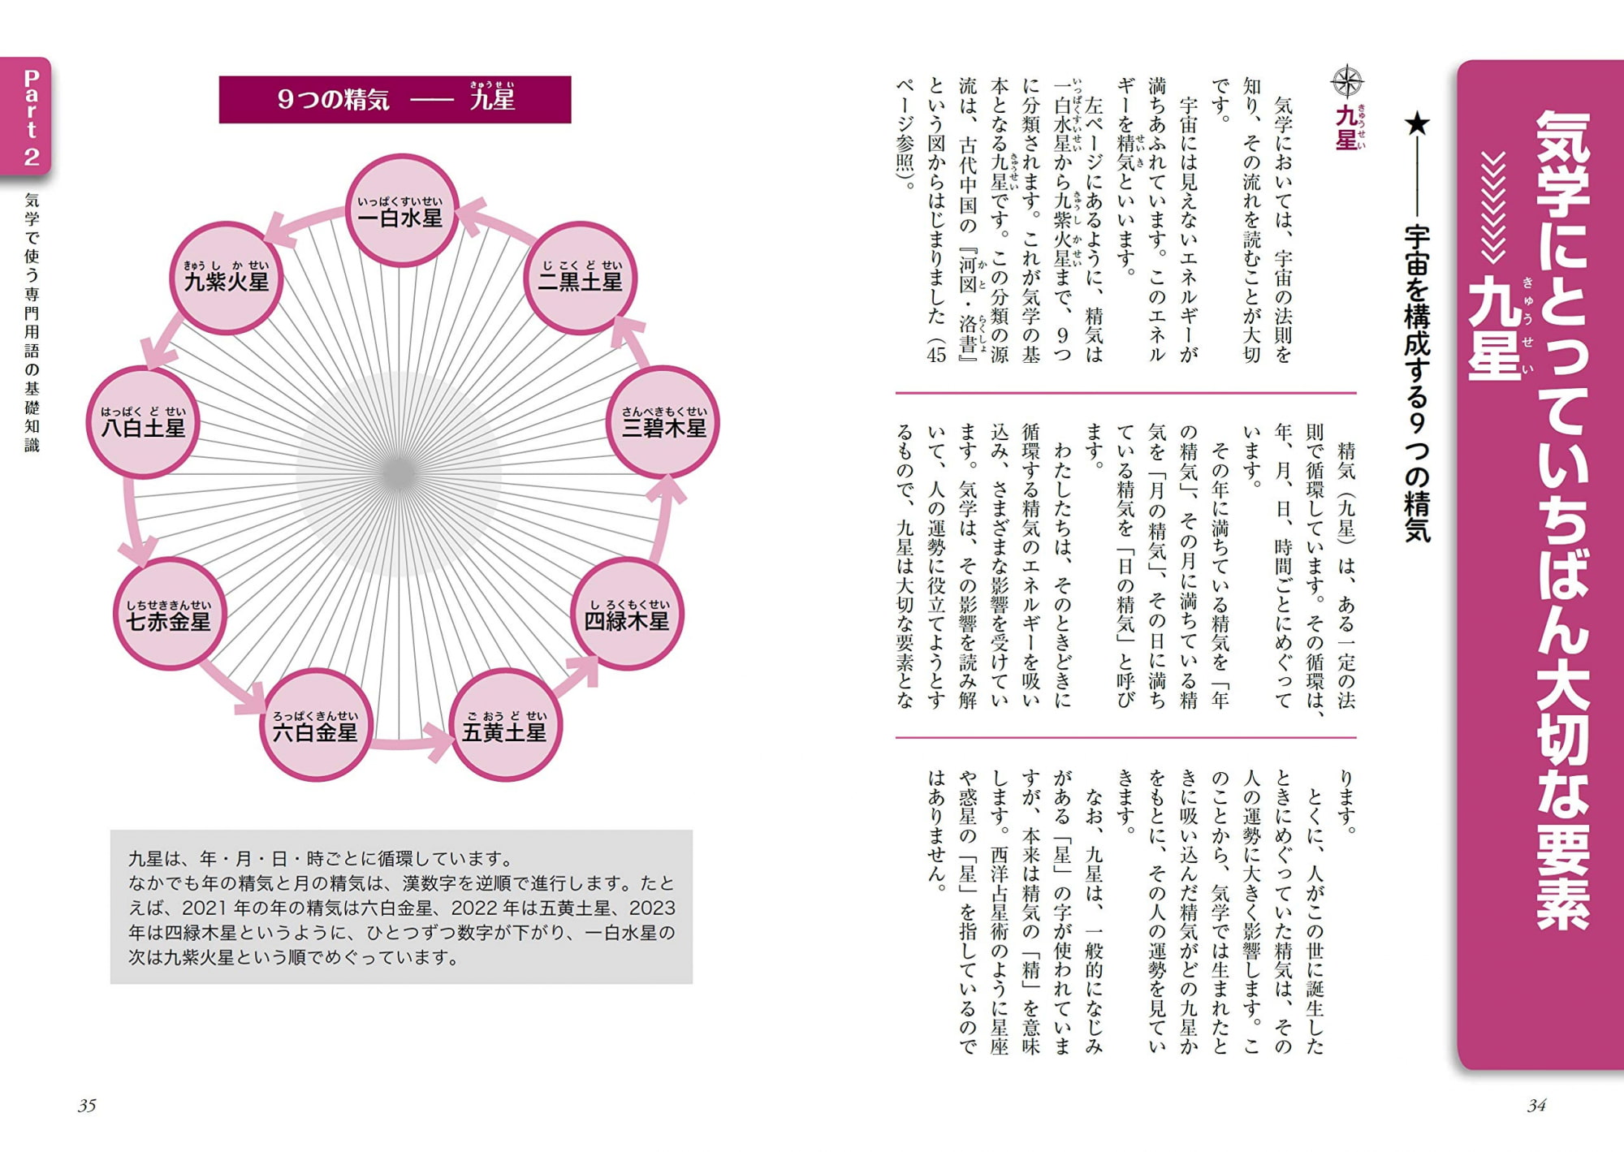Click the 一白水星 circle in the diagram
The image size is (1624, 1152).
[402, 210]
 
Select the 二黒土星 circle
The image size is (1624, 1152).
[580, 278]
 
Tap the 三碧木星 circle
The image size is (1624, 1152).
[663, 422]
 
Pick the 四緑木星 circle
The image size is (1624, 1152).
[626, 615]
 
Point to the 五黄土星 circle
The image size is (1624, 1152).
[505, 725]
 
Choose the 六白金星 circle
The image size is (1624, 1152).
[316, 725]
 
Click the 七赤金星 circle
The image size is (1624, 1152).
[168, 615]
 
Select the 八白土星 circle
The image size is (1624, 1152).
[143, 422]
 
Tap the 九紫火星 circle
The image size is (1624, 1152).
[226, 278]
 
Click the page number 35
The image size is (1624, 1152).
[87, 1106]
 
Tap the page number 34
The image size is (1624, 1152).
[1536, 1106]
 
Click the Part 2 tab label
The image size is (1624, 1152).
[31, 118]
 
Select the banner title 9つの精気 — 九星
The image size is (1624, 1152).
[395, 99]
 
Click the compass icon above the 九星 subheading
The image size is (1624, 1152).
[1347, 82]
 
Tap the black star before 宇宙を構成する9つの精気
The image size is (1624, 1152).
[1417, 124]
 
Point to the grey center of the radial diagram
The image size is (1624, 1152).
[400, 473]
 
